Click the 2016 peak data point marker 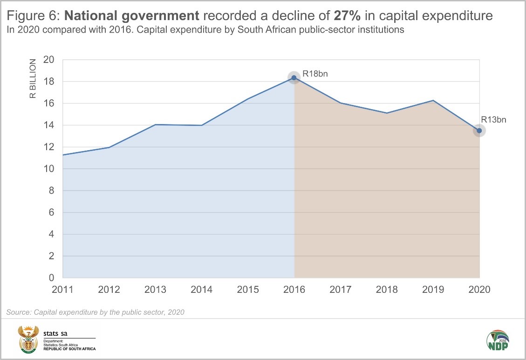294,77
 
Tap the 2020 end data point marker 479,131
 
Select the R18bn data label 312,73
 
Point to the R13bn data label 493,119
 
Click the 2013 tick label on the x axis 155,290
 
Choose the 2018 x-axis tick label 387,290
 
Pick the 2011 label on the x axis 63,290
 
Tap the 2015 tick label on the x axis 248,290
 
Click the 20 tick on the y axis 49,60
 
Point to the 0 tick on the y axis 52,278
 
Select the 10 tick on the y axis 49,169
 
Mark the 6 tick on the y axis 52,213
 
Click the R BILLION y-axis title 33,79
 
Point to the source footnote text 96,312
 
